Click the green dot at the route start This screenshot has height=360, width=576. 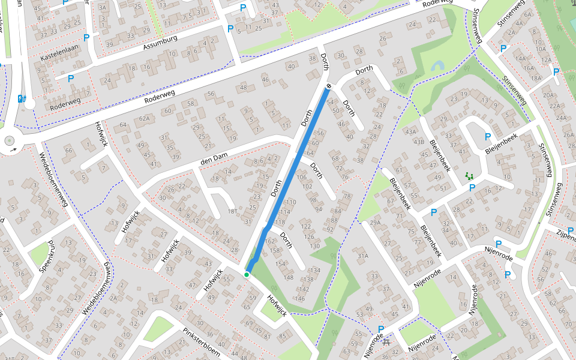(247, 274)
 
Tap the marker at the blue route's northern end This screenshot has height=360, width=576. (329, 87)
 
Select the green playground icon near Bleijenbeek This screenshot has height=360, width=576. (469, 176)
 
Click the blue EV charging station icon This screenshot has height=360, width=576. (22, 99)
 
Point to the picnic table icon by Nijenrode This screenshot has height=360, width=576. (386, 341)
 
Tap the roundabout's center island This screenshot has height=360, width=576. (10, 141)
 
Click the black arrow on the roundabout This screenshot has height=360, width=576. (13, 149)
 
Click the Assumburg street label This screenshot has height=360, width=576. (160, 43)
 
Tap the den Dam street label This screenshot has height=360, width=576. (215, 163)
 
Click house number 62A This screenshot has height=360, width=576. (144, 119)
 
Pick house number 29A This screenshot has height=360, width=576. (375, 223)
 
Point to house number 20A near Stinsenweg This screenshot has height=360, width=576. (548, 95)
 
